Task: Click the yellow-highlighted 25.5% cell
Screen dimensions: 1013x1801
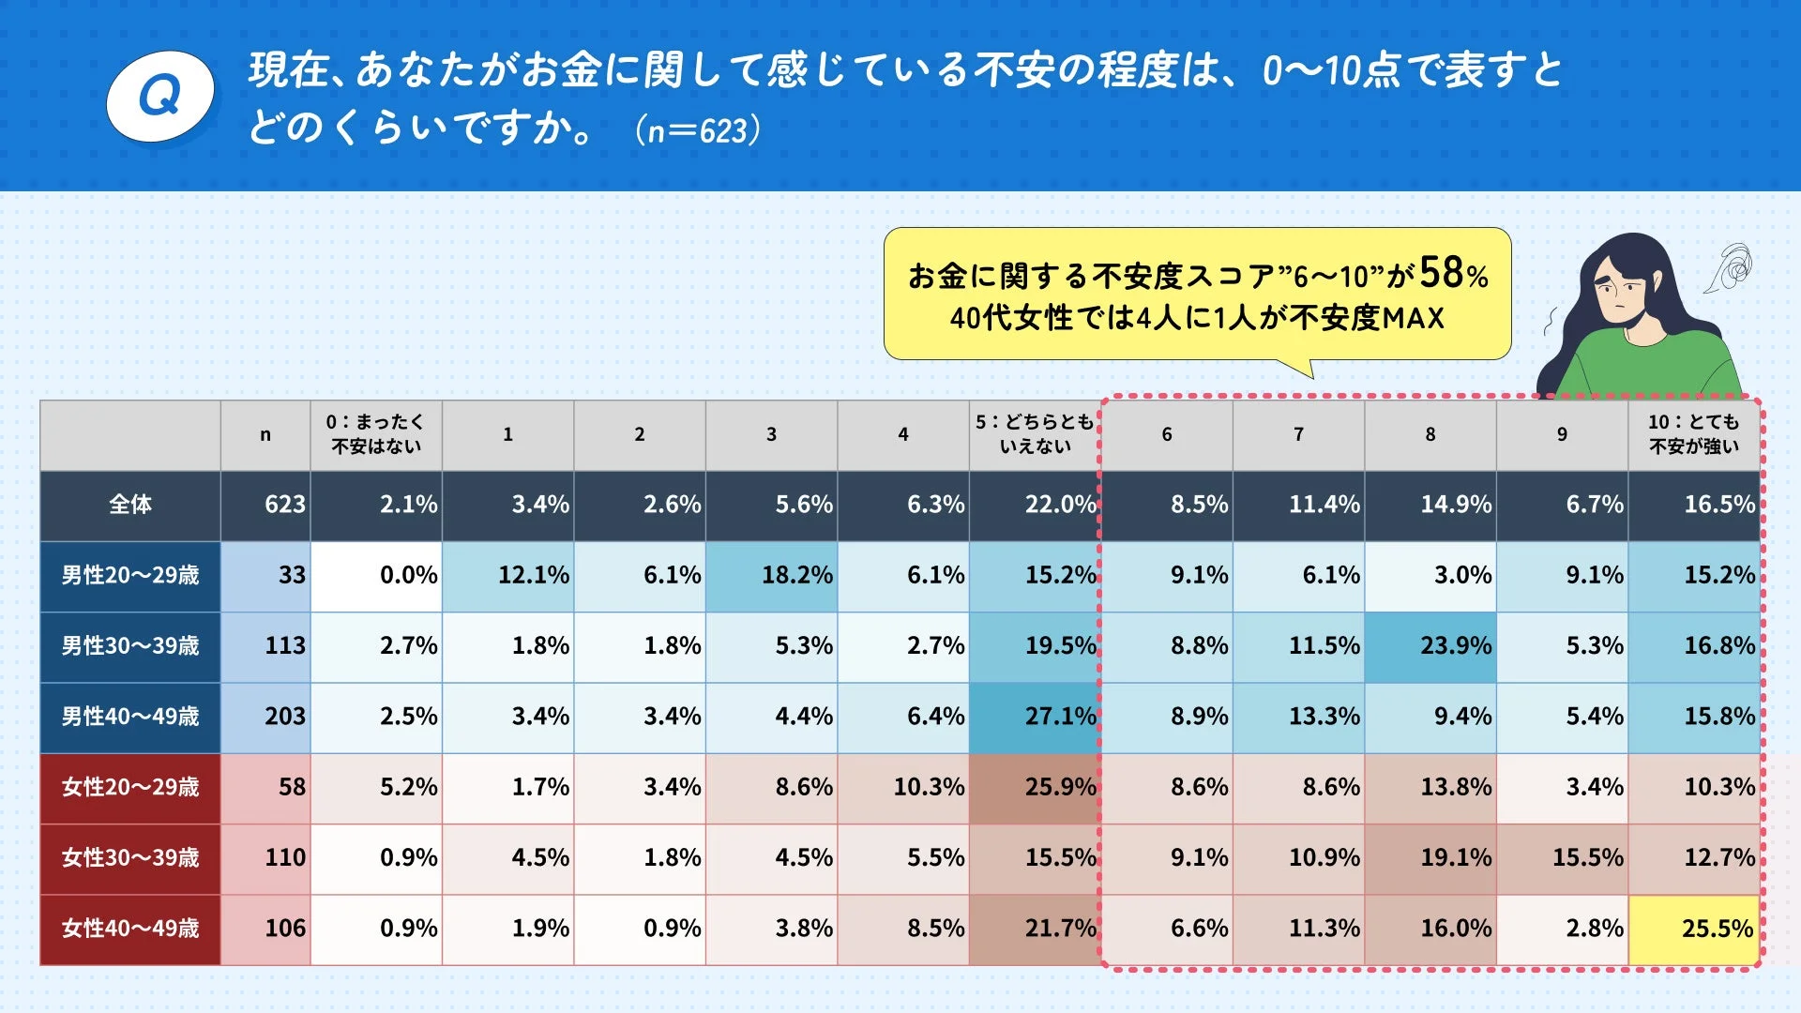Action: tap(1694, 929)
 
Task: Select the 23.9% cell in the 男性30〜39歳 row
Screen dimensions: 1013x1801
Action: tap(1430, 646)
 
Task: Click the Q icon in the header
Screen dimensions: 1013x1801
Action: tap(160, 97)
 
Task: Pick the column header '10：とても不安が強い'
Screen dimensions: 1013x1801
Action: tap(1693, 434)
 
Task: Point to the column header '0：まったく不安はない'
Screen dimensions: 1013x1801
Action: tap(376, 434)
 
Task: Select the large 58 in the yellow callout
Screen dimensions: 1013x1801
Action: tap(1440, 273)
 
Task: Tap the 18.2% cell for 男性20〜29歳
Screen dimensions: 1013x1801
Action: tap(771, 575)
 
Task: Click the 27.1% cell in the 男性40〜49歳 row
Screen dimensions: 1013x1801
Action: tap(1035, 717)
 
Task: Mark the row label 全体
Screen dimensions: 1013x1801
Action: tap(130, 505)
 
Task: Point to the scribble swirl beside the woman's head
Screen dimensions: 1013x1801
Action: tap(1732, 268)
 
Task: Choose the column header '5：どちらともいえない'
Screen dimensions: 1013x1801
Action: tap(1035, 434)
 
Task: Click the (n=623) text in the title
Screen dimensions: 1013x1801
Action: tap(697, 130)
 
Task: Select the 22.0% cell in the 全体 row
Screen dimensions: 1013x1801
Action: tap(1035, 505)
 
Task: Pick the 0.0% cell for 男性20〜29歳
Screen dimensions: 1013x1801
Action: tap(376, 575)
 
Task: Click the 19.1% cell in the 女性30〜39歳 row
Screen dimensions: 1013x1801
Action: tap(1430, 858)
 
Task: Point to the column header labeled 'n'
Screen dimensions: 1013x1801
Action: tap(265, 434)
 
